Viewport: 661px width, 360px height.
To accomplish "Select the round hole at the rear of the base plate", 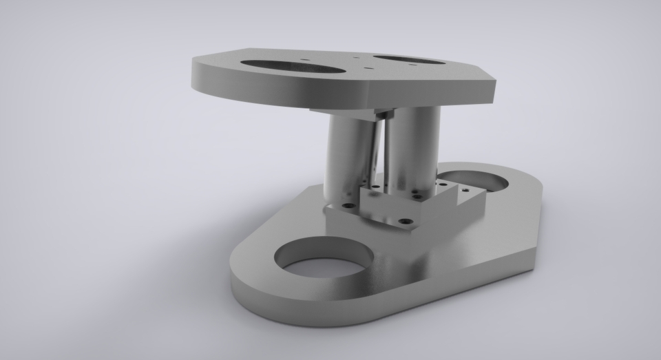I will [x=475, y=180].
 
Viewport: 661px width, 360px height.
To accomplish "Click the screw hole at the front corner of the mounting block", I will [x=406, y=222].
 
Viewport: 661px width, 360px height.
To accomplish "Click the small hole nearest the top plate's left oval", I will [x=305, y=61].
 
